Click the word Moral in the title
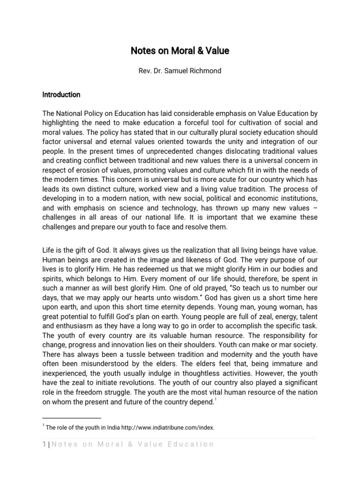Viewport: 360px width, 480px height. pos(173,51)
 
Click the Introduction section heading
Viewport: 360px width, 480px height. pos(61,95)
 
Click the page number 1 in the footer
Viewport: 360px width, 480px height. pos(44,444)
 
